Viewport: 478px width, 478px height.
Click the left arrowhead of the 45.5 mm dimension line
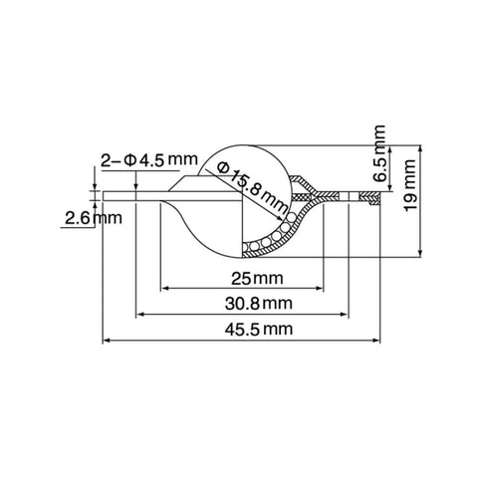point(107,342)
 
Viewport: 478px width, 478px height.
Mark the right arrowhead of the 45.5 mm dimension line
point(380,342)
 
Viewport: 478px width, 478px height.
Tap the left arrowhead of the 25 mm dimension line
point(165,290)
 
